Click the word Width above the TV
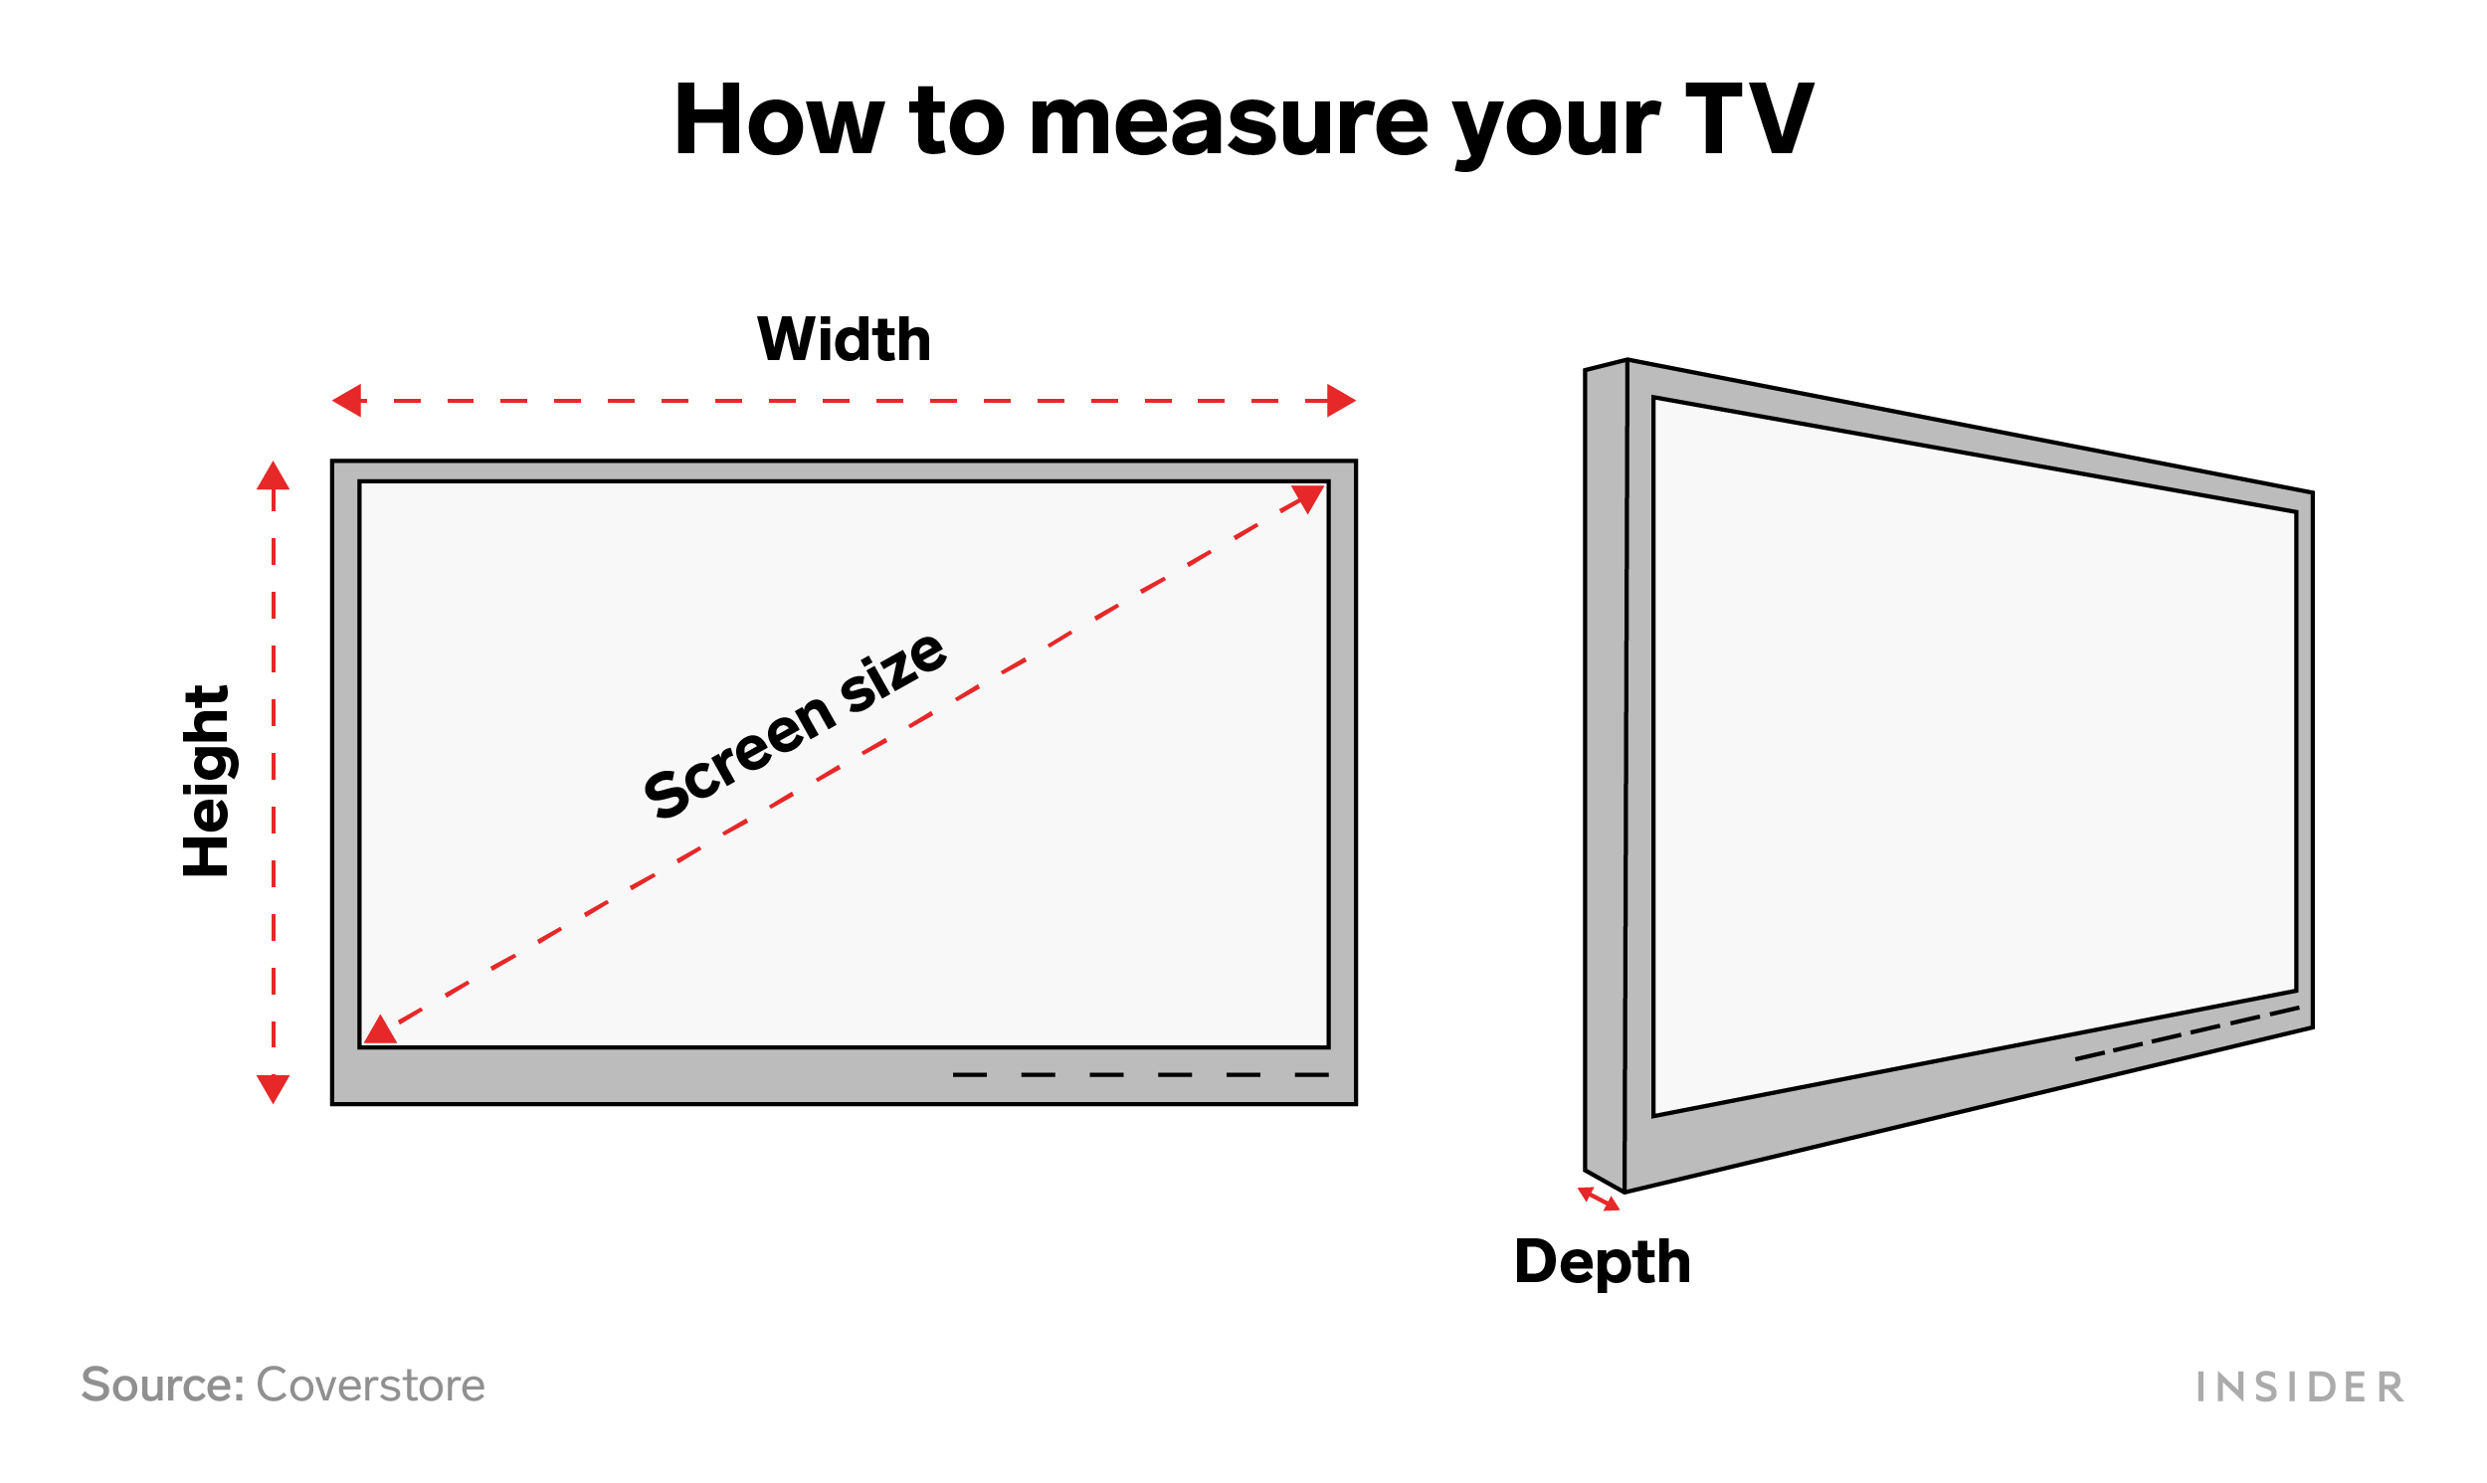[x=845, y=340]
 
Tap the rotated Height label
[x=207, y=782]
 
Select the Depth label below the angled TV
[x=1602, y=1262]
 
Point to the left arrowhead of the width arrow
[x=347, y=401]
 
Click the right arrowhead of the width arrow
[x=1341, y=401]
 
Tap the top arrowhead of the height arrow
[x=273, y=476]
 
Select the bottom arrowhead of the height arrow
[x=273, y=1087]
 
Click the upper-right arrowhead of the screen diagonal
[x=1308, y=497]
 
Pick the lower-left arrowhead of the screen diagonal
[x=380, y=1030]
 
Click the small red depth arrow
[x=1599, y=1199]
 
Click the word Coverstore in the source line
[x=371, y=1387]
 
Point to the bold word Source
[x=163, y=1387]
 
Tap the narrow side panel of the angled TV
[x=1606, y=770]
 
